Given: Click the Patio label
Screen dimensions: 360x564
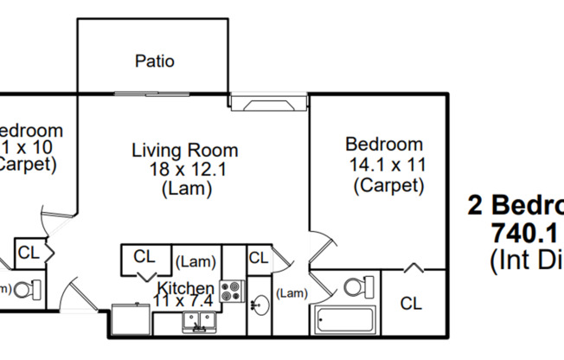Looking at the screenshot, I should coord(155,61).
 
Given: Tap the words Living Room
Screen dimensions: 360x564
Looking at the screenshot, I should coord(184,150).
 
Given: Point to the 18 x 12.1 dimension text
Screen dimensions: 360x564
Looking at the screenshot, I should coord(184,169).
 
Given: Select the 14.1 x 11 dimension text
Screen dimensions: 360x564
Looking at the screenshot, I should coord(388,164).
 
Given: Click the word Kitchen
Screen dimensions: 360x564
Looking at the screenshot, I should coord(185,288).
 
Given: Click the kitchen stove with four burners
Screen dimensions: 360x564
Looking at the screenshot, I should coord(232,291).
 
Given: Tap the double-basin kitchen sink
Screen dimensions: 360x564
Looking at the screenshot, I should coord(200,322).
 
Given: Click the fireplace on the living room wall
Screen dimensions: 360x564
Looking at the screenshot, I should coord(269,105).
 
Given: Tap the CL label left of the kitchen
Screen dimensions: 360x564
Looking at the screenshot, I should coord(144,256).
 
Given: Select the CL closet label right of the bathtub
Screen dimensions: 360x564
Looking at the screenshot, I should coord(411,304).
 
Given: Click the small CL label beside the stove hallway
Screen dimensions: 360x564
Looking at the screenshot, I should coord(258,257).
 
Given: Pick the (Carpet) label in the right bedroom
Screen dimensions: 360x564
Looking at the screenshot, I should coord(388,184).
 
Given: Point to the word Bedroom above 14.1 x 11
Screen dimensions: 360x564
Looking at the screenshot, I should coord(384,145).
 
